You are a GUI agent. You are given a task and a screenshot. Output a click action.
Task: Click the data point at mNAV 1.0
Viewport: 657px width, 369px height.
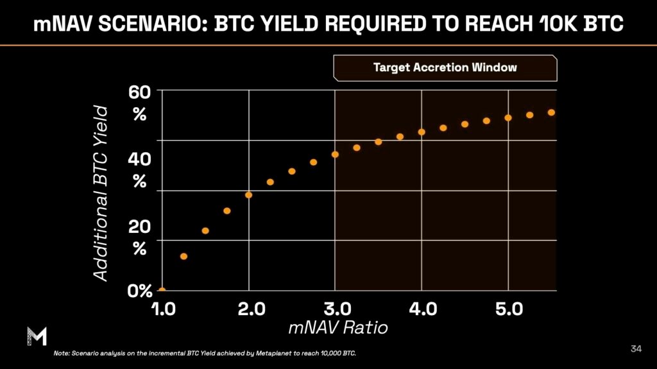(162, 290)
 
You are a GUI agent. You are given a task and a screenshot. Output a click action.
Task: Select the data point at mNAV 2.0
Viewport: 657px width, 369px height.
(248, 194)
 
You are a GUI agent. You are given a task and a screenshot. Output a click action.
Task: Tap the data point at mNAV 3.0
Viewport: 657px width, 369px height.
(335, 154)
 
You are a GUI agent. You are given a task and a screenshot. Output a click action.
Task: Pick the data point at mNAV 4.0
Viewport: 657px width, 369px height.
(422, 132)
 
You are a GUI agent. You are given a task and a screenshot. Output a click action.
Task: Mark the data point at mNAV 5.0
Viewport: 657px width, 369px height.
(508, 117)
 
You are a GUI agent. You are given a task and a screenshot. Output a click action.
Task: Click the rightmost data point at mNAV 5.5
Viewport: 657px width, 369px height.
(551, 112)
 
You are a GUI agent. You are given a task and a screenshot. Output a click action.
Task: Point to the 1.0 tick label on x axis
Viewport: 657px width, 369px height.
(162, 309)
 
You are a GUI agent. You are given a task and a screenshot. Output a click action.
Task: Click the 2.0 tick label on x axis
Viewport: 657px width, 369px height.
(248, 309)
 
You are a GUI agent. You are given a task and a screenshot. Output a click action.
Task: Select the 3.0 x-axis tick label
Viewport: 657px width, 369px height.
(335, 309)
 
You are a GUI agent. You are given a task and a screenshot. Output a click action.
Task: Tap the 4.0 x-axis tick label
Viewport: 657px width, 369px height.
(422, 309)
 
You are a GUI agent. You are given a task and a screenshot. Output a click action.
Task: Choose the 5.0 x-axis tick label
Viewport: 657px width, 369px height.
(508, 309)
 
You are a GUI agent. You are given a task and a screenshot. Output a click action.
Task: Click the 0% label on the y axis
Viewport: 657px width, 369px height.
(140, 291)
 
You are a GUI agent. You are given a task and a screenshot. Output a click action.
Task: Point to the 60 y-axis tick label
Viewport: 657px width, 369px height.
(140, 92)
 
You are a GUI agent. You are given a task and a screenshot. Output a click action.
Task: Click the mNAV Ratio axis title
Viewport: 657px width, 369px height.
(338, 328)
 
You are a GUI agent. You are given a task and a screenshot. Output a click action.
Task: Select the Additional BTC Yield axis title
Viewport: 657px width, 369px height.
(101, 193)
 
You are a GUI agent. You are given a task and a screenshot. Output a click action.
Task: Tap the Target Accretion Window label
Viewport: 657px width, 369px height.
(445, 67)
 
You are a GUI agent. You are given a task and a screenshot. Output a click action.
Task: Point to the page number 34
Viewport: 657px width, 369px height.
(636, 348)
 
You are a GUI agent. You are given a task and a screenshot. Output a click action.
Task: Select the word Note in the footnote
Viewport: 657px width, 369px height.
(62, 354)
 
